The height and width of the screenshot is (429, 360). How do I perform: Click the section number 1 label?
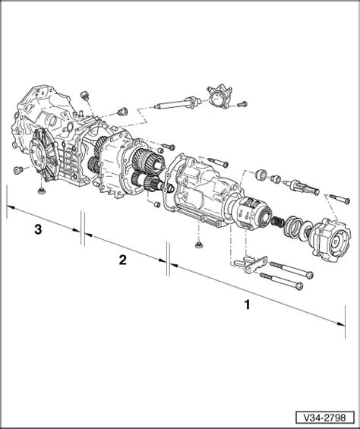pos(247,304)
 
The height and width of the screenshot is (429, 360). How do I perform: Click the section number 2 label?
pos(122,260)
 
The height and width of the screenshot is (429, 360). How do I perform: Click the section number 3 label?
pos(38,229)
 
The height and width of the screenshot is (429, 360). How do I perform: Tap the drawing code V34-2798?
pos(324,418)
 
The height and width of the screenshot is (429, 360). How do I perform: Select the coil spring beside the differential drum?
pos(278,221)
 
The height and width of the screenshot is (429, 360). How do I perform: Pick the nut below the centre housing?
pos(198,244)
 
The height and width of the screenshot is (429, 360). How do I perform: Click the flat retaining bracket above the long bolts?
pos(256,265)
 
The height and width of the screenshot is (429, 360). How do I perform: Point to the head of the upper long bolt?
pos(309,275)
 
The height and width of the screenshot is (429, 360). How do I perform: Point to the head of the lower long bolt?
pos(299,286)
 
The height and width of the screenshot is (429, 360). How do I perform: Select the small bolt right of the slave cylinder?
pos(242,104)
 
